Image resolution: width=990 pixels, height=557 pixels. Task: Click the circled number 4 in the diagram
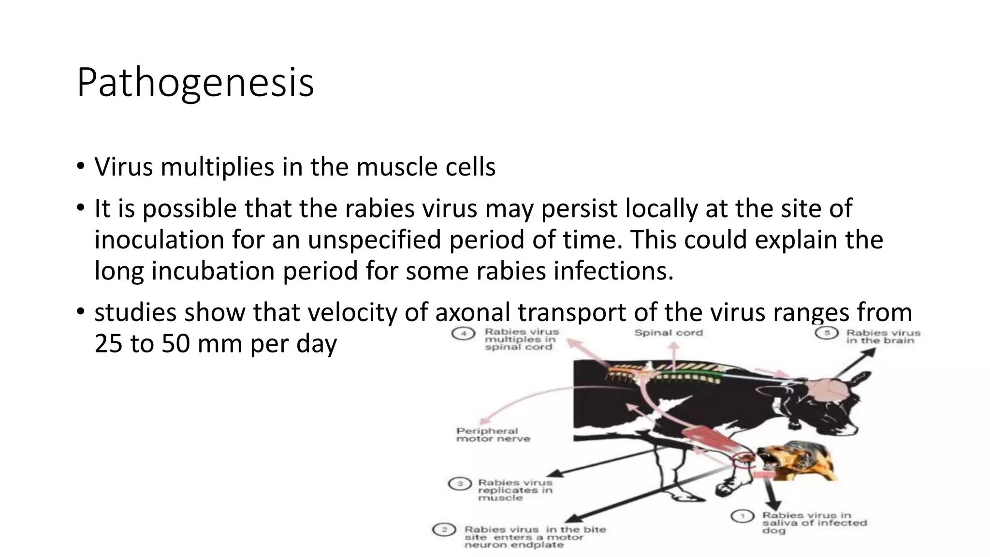pos(463,334)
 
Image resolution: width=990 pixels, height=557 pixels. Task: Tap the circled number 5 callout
pos(827,333)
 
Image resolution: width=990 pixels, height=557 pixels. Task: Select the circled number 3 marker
pos(460,484)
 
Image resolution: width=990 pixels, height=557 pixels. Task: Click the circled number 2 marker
pos(444,530)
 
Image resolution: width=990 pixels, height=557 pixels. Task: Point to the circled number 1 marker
pos(742,516)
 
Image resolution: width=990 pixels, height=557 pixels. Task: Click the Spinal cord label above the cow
pos(669,333)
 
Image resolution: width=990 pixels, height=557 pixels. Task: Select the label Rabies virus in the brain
pos(883,337)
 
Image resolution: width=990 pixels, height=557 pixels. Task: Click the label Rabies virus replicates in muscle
pos(515,490)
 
